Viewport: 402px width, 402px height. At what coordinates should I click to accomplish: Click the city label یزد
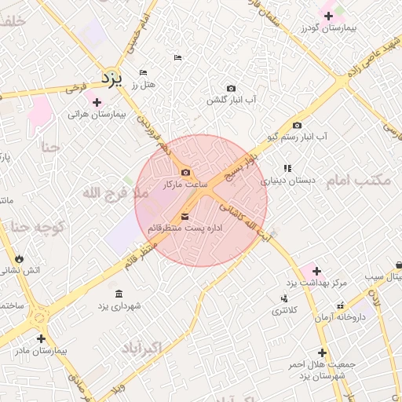pos(115,79)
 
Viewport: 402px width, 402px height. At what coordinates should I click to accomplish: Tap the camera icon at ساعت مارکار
pos(185,173)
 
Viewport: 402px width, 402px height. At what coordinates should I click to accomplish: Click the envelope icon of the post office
pos(185,216)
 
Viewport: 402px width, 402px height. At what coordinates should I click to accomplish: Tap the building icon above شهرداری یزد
pos(119,294)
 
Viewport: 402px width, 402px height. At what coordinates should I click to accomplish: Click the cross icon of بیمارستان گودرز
pos(328,16)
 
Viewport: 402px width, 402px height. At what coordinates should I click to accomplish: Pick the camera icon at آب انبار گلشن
pos(231,89)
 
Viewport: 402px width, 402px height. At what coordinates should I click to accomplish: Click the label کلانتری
pos(285,310)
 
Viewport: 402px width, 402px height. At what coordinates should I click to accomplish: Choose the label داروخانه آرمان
pos(339,316)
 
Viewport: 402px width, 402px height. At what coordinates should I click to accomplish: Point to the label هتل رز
pos(146,84)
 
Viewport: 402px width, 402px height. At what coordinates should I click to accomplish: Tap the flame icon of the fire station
pos(19,258)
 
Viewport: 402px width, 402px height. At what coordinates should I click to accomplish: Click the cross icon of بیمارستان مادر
pos(41,339)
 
